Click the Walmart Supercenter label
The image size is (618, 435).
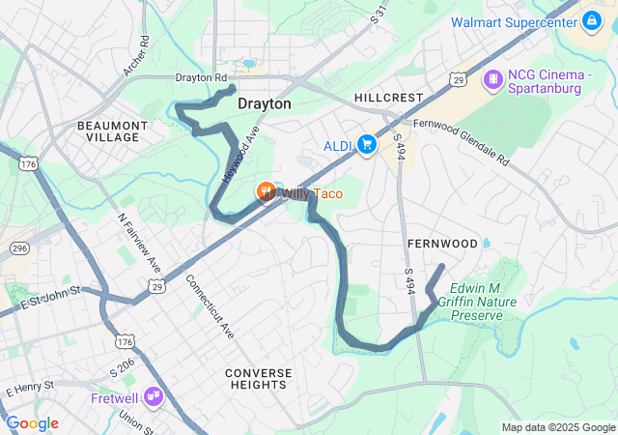point(512,21)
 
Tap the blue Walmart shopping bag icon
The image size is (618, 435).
point(591,20)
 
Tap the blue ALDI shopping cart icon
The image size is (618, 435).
point(366,145)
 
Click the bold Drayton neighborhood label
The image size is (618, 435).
point(265,102)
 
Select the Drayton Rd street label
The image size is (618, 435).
point(200,77)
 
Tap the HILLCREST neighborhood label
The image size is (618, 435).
point(388,98)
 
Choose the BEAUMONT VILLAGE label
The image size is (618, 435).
point(112,131)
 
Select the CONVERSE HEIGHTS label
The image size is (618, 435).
point(256,378)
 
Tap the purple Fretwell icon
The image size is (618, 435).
point(154,396)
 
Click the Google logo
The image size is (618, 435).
point(32,423)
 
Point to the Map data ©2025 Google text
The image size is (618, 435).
point(557,427)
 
